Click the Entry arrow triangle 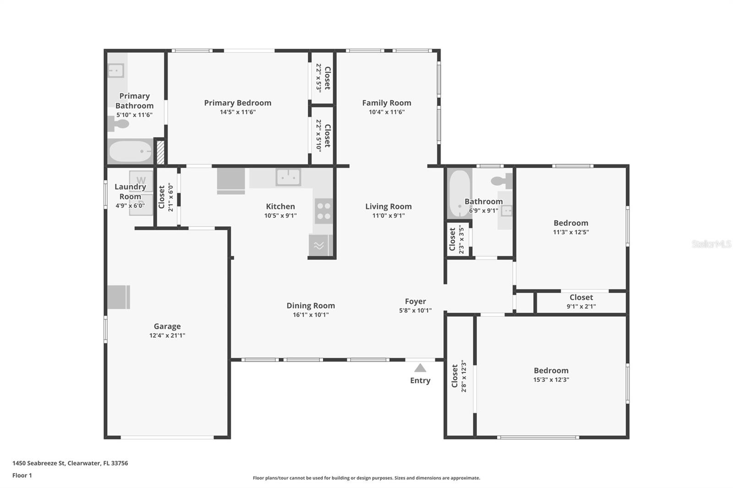point(420,369)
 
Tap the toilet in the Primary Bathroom point(119,125)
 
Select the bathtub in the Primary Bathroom point(130,152)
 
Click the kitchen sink point(288,177)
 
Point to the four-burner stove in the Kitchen point(324,211)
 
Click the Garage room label point(167,326)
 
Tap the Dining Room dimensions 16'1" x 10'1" point(311,314)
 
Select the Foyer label point(416,301)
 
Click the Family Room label point(387,103)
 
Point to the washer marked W point(141,181)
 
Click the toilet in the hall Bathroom point(502,181)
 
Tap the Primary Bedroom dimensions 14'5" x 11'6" point(238,112)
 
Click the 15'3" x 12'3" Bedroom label point(552,371)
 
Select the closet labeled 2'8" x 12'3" point(459,376)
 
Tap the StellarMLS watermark point(712,244)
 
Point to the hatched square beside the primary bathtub point(160,152)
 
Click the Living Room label point(388,206)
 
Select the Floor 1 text point(22,476)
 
